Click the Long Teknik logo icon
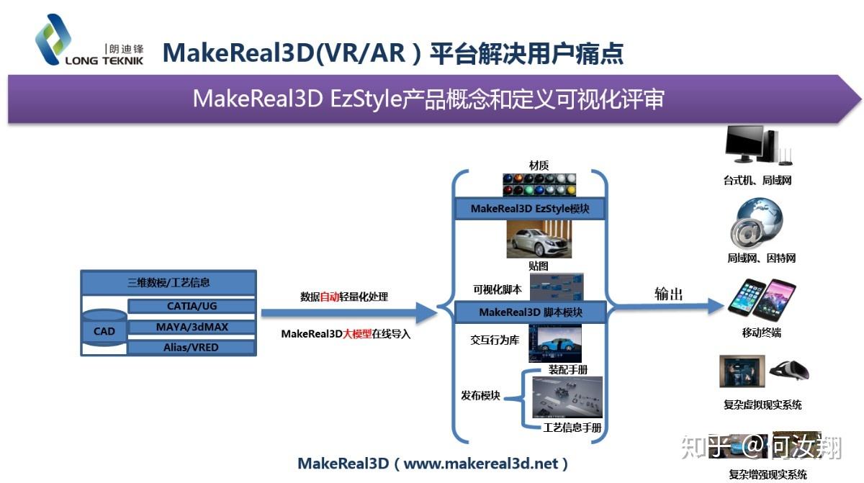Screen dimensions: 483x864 (53, 39)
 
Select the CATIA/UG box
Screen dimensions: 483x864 (192, 306)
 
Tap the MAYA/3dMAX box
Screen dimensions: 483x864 (192, 327)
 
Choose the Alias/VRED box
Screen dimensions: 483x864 (192, 347)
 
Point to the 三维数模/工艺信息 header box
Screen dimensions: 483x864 (168, 283)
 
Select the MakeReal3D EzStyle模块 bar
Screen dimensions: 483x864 (530, 209)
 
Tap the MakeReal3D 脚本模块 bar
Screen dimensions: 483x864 (530, 312)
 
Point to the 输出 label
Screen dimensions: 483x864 (668, 294)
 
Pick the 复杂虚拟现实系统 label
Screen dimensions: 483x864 (762, 405)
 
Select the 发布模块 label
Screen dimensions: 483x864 (481, 396)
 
